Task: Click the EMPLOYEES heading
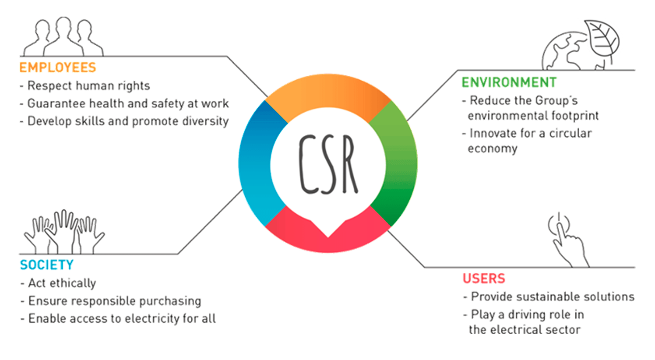tap(58, 68)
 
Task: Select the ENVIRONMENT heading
tap(509, 83)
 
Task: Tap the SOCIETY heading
tap(47, 265)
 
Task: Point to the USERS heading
tap(484, 279)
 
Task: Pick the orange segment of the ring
tap(328, 92)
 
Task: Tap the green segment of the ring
tap(400, 163)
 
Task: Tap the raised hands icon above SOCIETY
tap(64, 232)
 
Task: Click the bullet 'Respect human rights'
tap(88, 86)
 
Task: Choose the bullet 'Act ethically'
tap(62, 283)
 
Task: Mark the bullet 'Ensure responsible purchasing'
tap(114, 301)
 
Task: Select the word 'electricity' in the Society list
tap(152, 319)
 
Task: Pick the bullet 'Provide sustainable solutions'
tap(552, 297)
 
